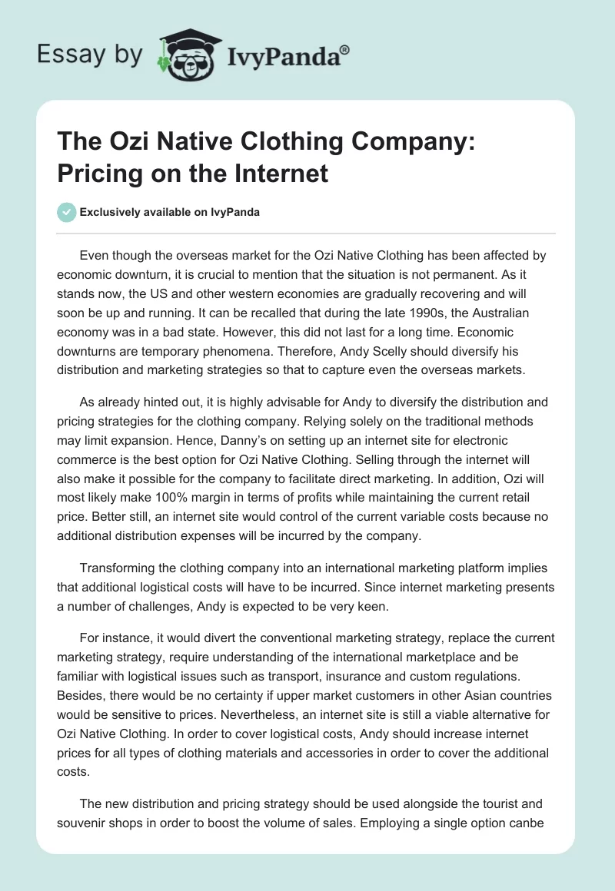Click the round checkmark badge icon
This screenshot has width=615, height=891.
point(68,212)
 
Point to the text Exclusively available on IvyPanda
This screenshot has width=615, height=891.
point(169,213)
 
